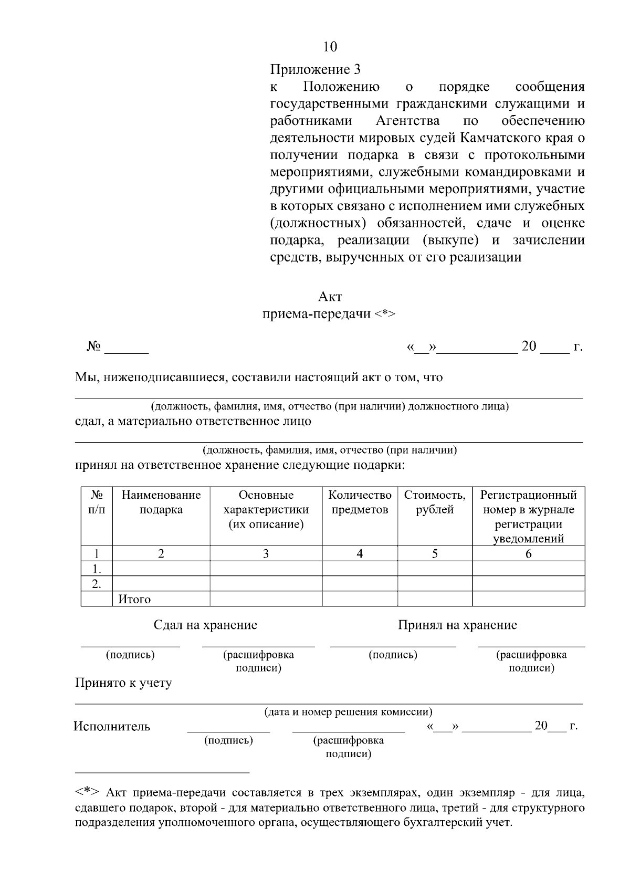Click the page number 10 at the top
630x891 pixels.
pos(330,47)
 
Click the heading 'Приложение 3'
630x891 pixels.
pos(315,69)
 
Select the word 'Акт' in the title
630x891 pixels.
pos(330,297)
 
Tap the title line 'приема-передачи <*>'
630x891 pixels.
pos(329,314)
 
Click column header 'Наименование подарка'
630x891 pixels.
pos(161,502)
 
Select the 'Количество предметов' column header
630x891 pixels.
pos(360,502)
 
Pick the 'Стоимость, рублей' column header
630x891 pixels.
pos(435,502)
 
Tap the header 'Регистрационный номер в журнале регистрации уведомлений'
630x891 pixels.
pos(528,517)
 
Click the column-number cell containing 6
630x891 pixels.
pos(528,553)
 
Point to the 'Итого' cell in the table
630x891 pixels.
pos(134,599)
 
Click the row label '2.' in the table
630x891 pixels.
pos(97,584)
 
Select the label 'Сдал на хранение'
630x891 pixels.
pos(205,625)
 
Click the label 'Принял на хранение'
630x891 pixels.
pos(457,625)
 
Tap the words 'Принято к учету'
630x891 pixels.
pos(124,683)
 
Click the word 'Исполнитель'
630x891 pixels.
pos(112,727)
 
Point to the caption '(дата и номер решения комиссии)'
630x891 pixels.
pos(348,712)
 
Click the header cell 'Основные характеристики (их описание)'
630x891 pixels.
pos(266,510)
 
